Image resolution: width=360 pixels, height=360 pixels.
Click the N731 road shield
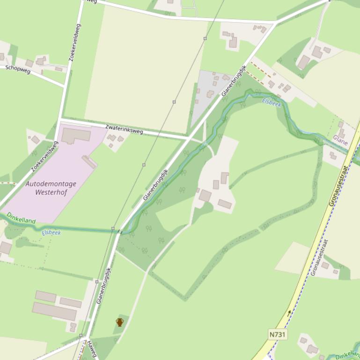pos(278,334)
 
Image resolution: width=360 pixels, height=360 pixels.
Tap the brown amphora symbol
pos(119,322)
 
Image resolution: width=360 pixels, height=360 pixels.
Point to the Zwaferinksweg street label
pos(124,129)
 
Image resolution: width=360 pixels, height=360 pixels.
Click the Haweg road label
pos(91,349)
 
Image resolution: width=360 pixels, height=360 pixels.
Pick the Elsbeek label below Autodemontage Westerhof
pos(51,232)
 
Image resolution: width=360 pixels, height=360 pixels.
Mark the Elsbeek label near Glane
pos(272,102)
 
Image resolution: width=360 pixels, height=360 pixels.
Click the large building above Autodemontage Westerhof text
pos(75,136)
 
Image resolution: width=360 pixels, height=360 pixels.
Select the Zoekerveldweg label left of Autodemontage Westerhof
pos(44,156)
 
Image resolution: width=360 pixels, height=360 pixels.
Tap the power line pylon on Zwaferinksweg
pos(174,101)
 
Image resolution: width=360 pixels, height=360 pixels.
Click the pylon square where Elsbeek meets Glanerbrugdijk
pos(113,229)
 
